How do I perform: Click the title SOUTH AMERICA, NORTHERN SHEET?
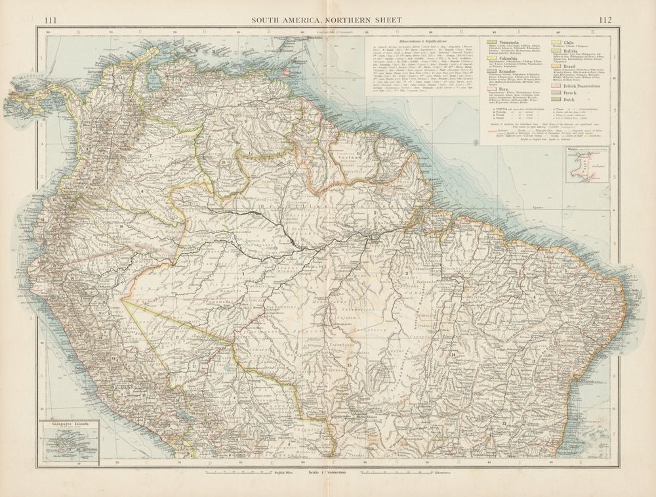(328, 20)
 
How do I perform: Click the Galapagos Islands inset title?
(68, 425)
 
